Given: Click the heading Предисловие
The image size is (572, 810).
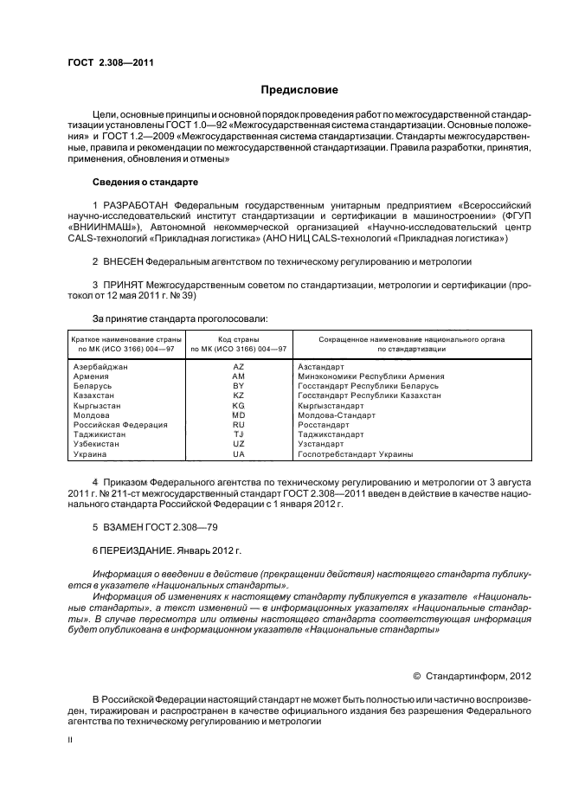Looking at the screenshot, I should pyautogui.click(x=299, y=90).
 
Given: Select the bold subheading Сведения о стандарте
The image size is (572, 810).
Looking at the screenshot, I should pyautogui.click(x=145, y=183).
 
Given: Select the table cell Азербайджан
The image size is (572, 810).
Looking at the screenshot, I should pyautogui.click(x=101, y=367).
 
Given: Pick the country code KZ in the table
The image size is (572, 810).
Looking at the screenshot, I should pyautogui.click(x=239, y=395).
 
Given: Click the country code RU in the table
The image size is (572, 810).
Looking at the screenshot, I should pyautogui.click(x=239, y=425).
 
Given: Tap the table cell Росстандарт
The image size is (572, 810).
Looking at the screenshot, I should pyautogui.click(x=325, y=425).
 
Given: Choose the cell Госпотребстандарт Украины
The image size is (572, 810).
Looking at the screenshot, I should pyautogui.click(x=355, y=454).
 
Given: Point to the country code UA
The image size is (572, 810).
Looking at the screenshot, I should pyautogui.click(x=239, y=454).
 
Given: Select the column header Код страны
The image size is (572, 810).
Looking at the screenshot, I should pyautogui.click(x=239, y=337).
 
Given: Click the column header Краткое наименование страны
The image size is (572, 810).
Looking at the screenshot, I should pyautogui.click(x=122, y=337).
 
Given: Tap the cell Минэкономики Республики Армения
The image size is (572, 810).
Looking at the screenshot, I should pyautogui.click(x=370, y=376).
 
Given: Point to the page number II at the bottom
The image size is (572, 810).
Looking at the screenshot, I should pyautogui.click(x=71, y=741).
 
